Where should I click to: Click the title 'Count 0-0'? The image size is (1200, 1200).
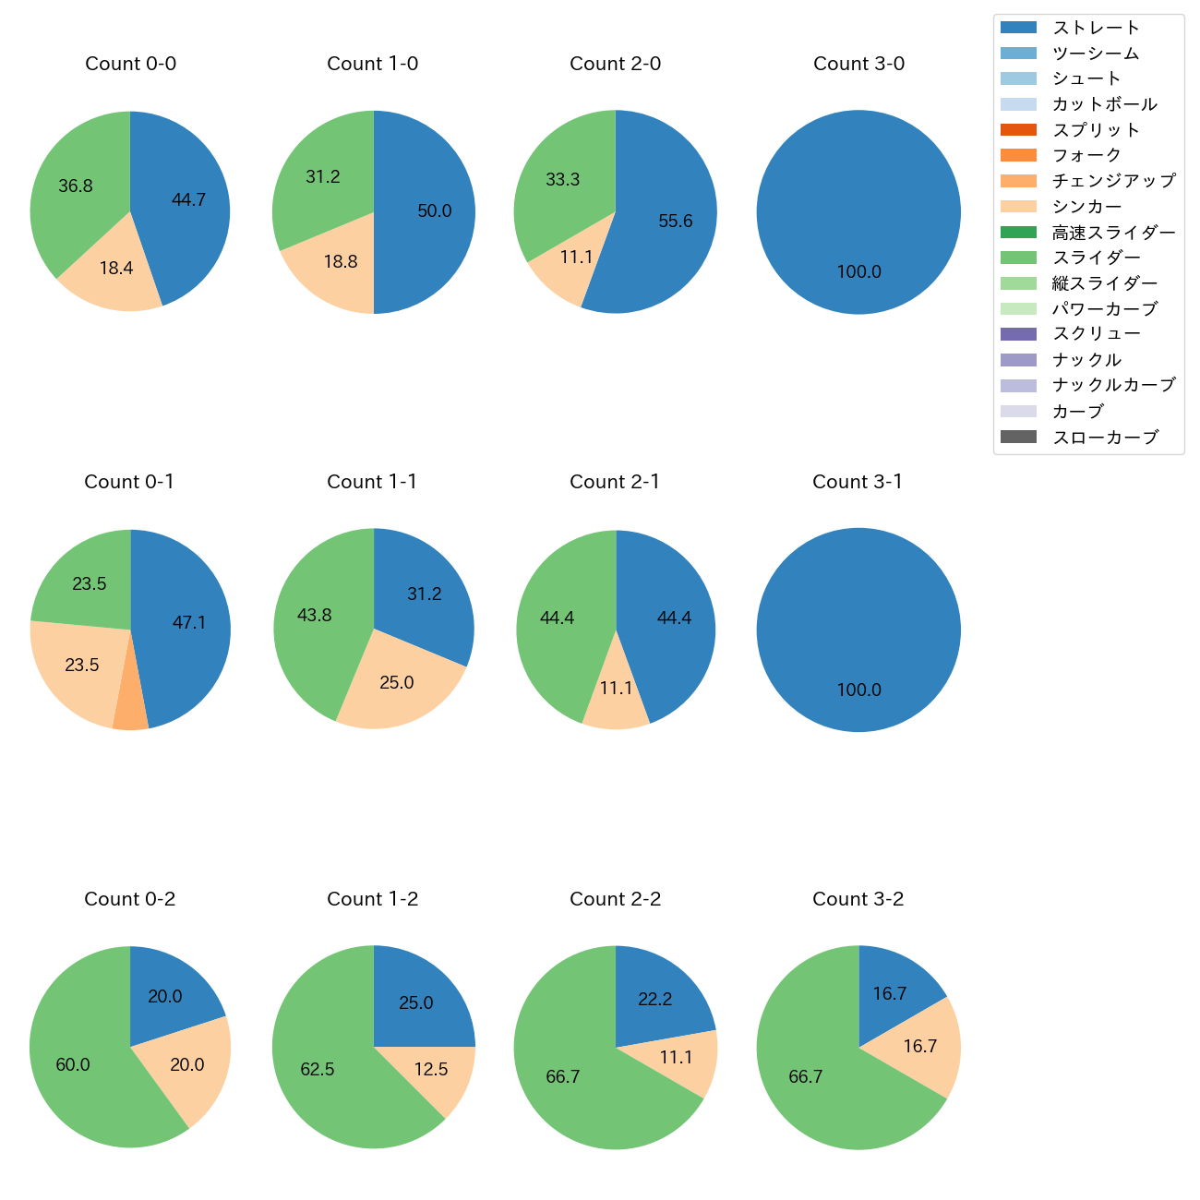(130, 64)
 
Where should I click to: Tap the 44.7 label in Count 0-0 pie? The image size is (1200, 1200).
(188, 199)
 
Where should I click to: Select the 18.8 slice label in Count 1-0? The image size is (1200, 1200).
(341, 261)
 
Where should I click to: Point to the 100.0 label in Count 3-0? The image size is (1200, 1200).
(858, 271)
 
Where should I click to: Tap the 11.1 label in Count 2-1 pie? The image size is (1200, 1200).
(616, 688)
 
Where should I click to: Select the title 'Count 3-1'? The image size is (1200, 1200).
(858, 482)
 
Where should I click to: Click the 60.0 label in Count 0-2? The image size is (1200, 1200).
(73, 1064)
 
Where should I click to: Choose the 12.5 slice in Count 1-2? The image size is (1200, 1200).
(431, 1069)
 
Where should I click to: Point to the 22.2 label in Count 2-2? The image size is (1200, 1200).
(654, 999)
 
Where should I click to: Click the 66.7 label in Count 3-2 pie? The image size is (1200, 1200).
(805, 1076)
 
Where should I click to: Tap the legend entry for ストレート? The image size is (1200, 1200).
(1096, 28)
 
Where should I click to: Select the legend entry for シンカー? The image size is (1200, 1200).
(1086, 207)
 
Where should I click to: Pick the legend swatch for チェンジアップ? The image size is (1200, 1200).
(1018, 181)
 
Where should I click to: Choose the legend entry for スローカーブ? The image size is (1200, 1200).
(1105, 437)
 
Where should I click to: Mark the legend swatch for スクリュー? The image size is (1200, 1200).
(1018, 334)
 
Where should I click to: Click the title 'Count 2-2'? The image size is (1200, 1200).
(616, 899)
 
